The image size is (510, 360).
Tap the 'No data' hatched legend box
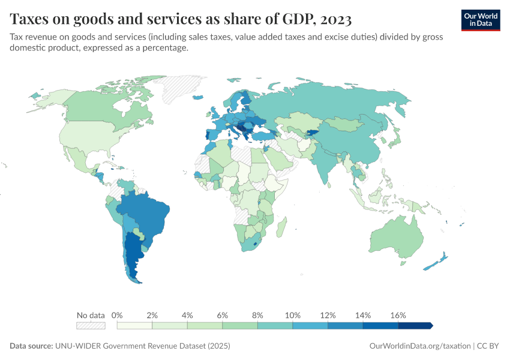91,325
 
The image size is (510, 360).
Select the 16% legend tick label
398,315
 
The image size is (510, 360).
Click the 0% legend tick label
118,315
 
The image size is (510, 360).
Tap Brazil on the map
147,216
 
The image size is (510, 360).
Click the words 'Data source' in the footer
31,346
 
